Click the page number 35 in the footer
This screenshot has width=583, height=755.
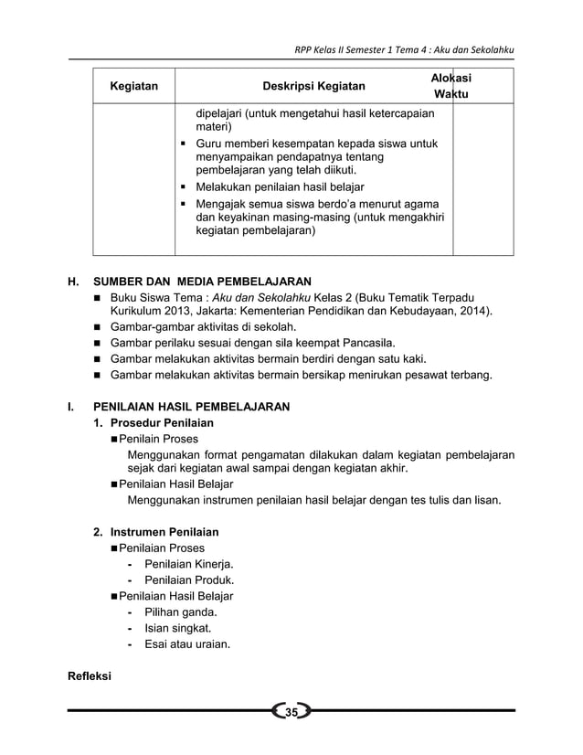pyautogui.click(x=291, y=712)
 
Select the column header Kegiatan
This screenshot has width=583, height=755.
pyautogui.click(x=133, y=87)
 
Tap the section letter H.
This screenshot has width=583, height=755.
pyautogui.click(x=72, y=281)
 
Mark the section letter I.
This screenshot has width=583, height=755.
pyautogui.click(x=70, y=406)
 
